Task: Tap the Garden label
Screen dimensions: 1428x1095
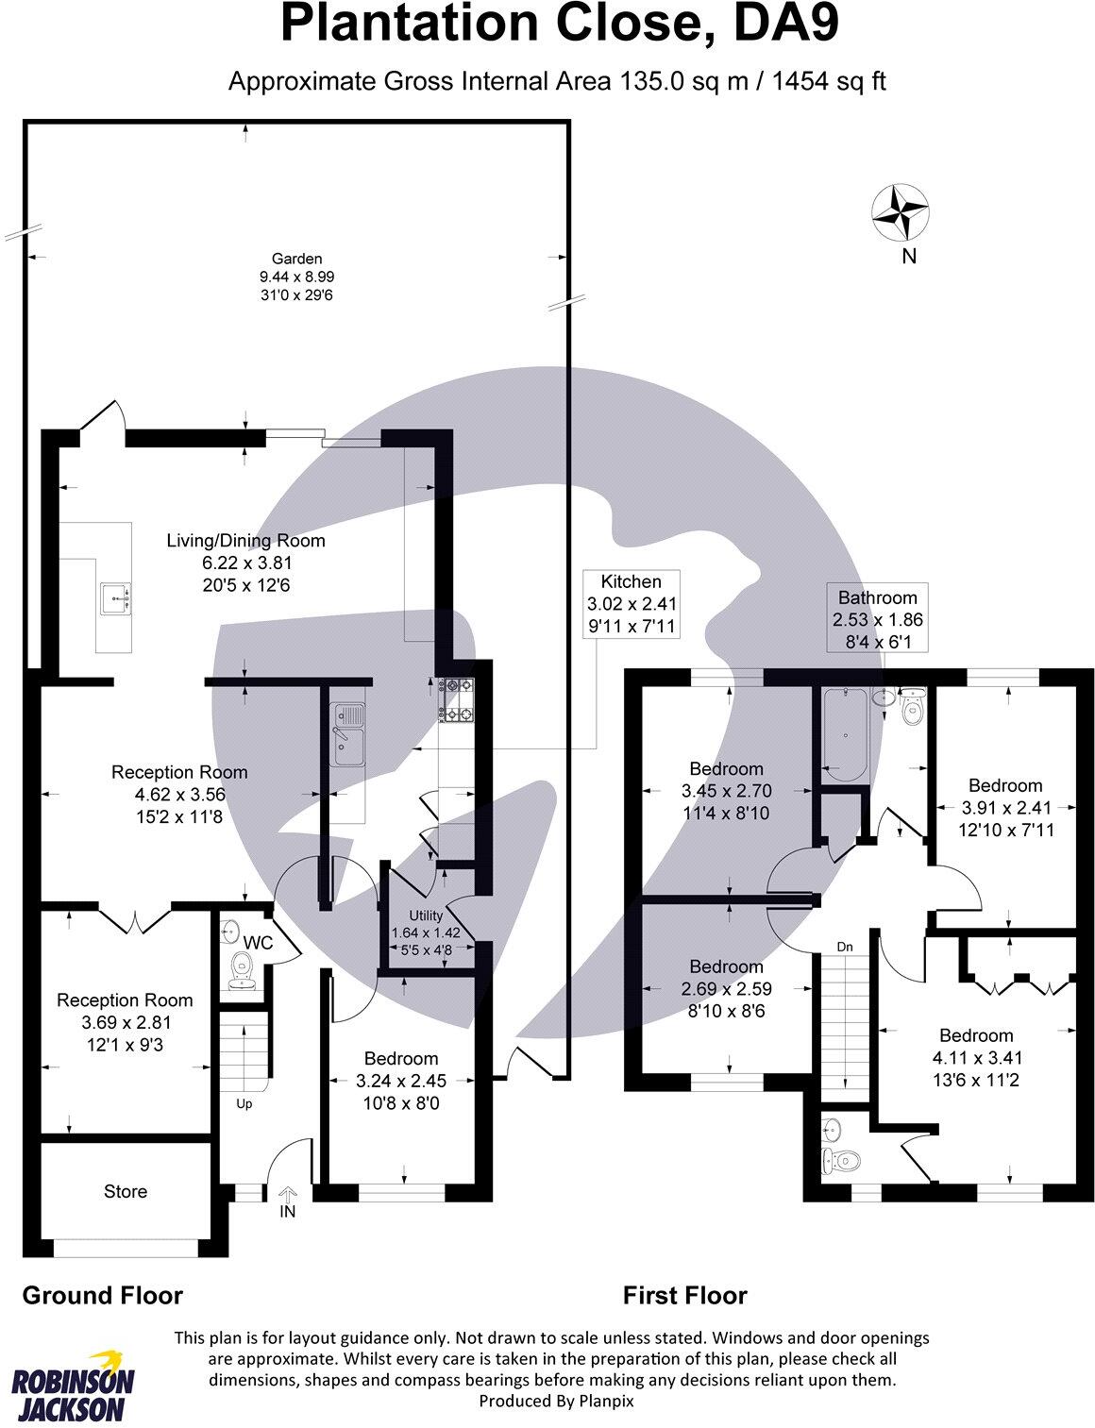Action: [x=297, y=258]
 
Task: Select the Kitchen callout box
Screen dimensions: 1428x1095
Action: [x=632, y=603]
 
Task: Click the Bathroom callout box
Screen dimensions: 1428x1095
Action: [x=877, y=619]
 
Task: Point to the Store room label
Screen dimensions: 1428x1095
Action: [x=126, y=1191]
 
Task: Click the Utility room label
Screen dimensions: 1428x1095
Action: [x=425, y=916]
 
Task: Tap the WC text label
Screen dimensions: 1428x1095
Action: [x=258, y=943]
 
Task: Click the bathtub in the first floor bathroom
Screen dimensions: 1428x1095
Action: [x=842, y=733]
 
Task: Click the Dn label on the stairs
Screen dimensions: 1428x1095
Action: [x=846, y=946]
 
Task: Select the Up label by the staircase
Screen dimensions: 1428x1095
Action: [x=244, y=1102]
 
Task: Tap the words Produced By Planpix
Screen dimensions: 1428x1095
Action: [x=556, y=1402]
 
